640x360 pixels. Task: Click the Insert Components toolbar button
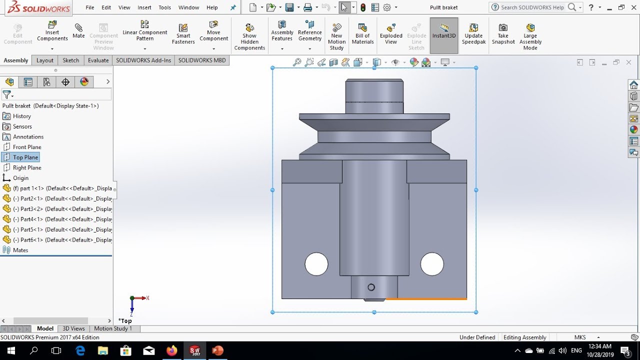click(52, 32)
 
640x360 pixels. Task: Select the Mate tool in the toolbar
click(78, 31)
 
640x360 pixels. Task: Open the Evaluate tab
click(98, 60)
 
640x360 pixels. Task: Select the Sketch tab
click(70, 60)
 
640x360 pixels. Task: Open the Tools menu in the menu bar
click(164, 7)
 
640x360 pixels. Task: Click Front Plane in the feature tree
click(27, 147)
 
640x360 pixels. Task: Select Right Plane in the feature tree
click(27, 167)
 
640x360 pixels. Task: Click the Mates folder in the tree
click(20, 250)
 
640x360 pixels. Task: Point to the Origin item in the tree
click(20, 178)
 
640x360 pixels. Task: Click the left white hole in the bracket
click(316, 264)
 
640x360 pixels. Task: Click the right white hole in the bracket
click(432, 264)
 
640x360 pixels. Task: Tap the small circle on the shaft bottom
click(371, 287)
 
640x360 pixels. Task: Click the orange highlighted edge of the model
click(426, 299)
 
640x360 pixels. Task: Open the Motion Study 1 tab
click(113, 328)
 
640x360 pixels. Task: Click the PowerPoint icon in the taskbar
click(217, 350)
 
